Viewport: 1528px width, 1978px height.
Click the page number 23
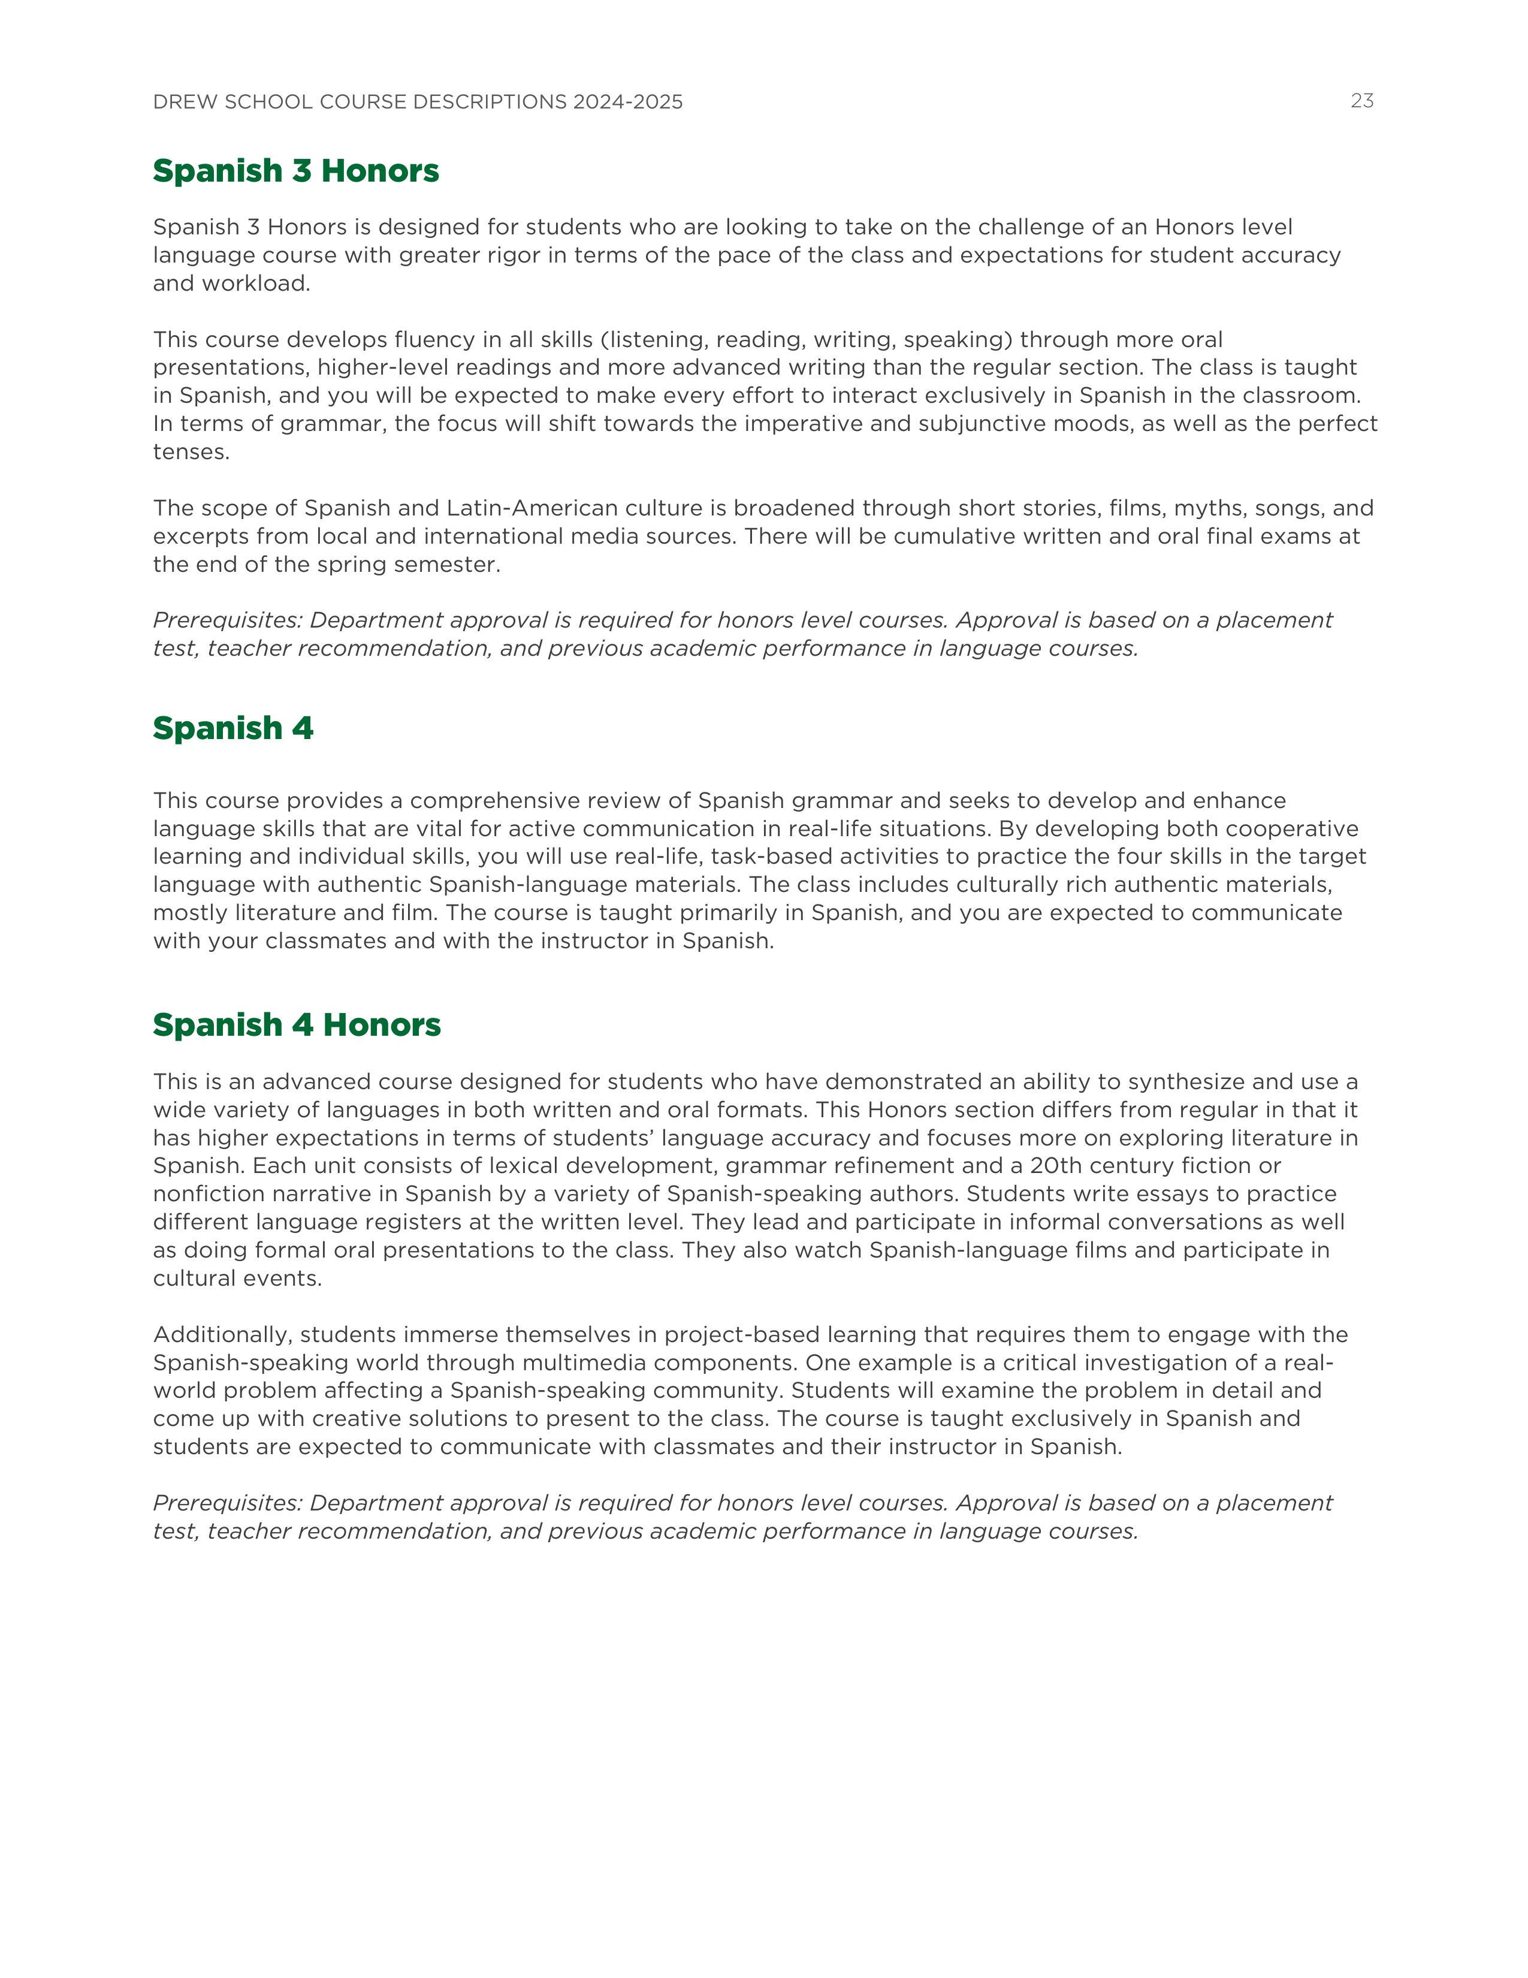(x=1361, y=101)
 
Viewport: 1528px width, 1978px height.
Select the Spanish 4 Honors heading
(x=297, y=1024)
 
